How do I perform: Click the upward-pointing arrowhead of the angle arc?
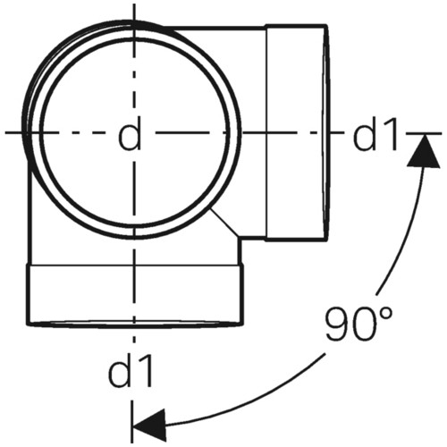click(x=424, y=150)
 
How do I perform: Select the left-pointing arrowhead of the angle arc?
click(x=149, y=425)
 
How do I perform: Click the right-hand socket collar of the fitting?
click(x=296, y=132)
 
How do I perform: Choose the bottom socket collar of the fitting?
click(x=135, y=295)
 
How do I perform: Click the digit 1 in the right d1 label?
click(x=391, y=133)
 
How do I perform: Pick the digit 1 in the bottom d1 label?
click(x=146, y=369)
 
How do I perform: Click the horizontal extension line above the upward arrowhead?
click(x=424, y=133)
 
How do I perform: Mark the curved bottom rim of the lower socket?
click(x=135, y=325)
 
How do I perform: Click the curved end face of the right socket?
click(x=326, y=132)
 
